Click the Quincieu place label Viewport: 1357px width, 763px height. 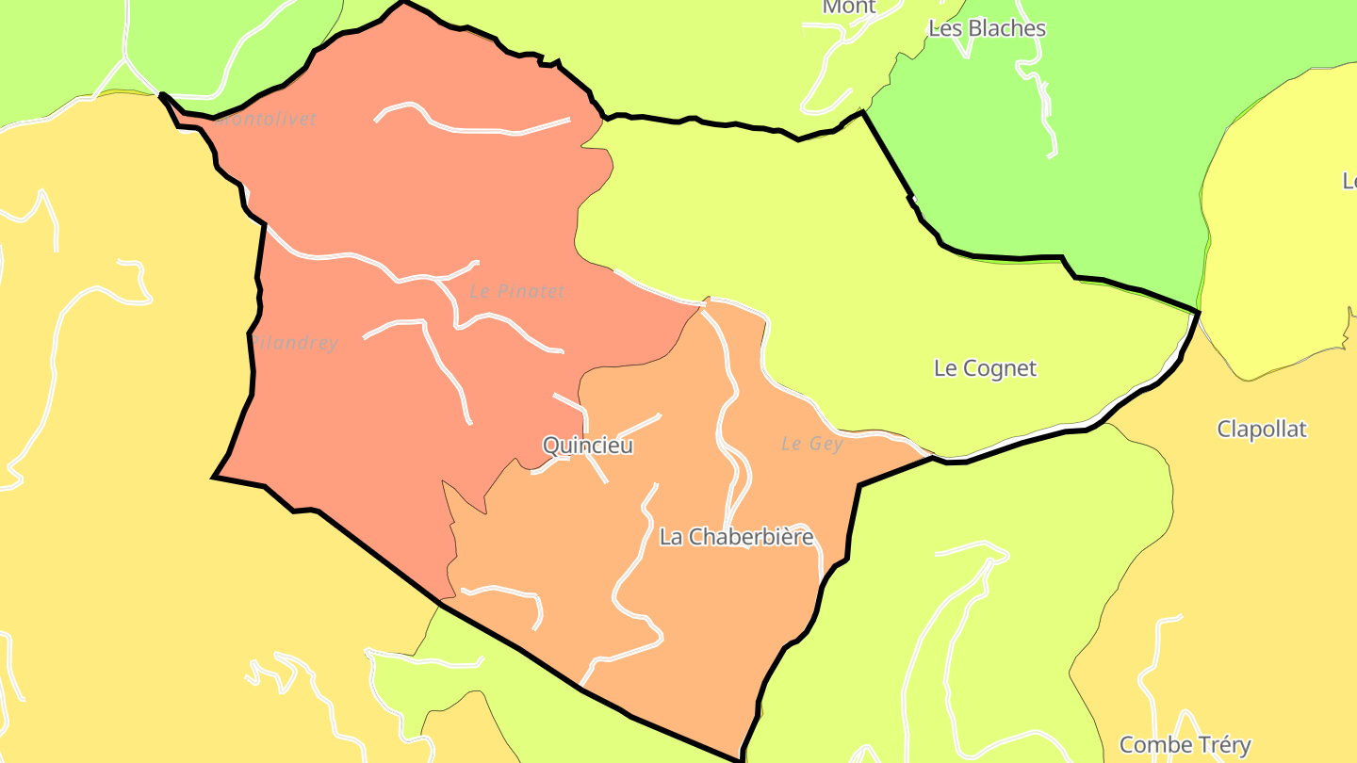588,446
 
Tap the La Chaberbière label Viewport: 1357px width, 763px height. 736,537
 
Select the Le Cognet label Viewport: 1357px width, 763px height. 985,368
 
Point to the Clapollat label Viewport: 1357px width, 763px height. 1262,430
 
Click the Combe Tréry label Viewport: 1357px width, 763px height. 1185,745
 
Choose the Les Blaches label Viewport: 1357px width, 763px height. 987,28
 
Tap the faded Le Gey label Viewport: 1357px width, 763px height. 811,444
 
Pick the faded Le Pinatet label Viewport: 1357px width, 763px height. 517,292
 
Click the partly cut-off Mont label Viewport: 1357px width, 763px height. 849,8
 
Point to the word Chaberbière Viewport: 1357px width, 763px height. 750,537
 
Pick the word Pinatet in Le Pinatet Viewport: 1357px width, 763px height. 531,292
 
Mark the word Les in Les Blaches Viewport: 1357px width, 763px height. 944,28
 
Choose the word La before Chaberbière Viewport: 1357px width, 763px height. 671,537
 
